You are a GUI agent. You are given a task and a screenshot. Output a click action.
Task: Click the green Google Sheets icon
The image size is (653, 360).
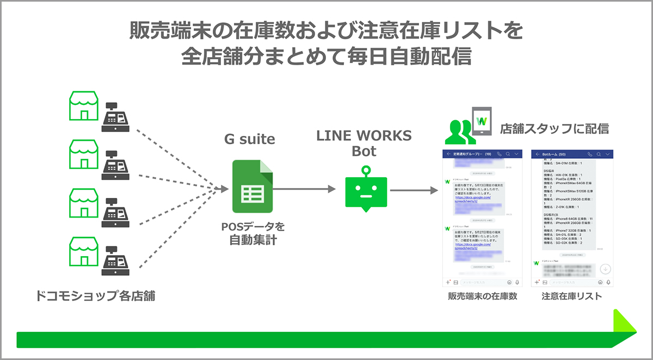252,187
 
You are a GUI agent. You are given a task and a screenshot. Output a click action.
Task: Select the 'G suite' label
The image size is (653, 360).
250,139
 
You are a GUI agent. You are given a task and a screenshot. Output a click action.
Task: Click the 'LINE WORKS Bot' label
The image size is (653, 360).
364,143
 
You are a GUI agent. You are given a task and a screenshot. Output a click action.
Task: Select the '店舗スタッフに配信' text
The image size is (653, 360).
555,129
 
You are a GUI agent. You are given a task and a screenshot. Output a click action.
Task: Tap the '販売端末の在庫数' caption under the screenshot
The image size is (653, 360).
482,296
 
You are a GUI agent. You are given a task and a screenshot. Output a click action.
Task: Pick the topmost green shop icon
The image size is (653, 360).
83,106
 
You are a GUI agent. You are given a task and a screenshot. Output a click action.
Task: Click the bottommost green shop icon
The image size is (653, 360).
83,251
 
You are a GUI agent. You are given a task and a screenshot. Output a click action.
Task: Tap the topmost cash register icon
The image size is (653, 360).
115,116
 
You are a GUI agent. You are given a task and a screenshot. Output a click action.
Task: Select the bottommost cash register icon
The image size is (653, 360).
115,262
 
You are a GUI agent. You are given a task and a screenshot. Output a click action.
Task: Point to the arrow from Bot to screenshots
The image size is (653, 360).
414,190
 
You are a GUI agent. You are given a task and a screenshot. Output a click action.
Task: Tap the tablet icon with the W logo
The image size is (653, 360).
481,121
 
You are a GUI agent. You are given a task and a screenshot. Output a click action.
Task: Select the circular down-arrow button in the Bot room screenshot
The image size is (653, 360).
605,269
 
